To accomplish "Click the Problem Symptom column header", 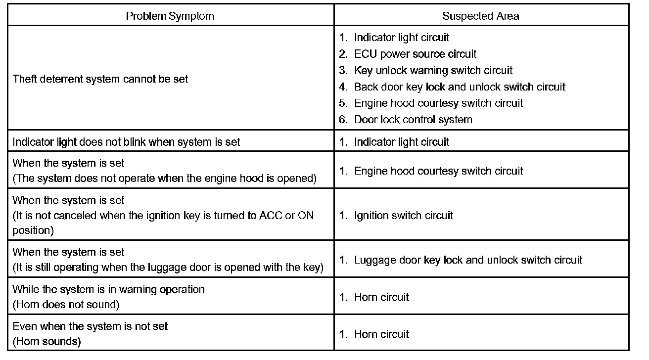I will coord(170,16).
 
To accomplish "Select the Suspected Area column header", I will coord(480,16).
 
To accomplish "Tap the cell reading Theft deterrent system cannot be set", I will coord(100,79).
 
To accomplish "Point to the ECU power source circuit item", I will coord(415,54).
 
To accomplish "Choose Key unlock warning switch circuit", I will coord(433,70).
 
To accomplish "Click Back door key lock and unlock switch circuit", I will coord(460,87).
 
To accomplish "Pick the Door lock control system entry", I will coord(413,120).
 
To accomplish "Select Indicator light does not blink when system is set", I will coord(126,142).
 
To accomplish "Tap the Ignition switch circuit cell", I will coord(403,216).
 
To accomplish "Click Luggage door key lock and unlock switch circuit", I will coord(468,260).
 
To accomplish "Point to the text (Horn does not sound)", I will coord(66,305).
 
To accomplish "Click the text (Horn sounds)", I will coord(46,341).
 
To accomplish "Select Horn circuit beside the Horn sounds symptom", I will coord(381,334).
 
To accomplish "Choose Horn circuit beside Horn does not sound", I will coord(381,297).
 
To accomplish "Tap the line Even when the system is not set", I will coord(90,326).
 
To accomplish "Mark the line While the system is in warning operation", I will coord(108,289).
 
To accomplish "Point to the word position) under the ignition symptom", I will coord(33,230).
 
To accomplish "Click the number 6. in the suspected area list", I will coord(343,120).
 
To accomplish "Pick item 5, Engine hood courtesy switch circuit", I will coord(438,103).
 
